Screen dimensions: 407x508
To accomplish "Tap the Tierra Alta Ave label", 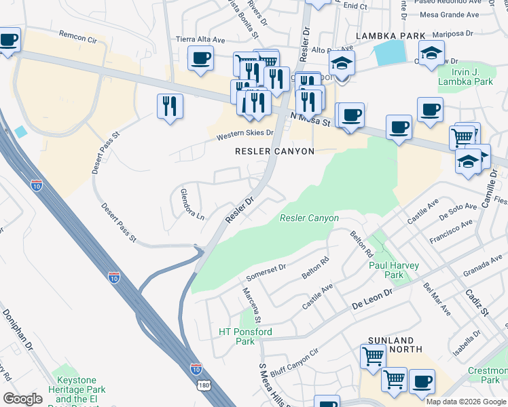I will click(200, 40).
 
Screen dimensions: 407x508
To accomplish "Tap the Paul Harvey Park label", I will click(394, 270).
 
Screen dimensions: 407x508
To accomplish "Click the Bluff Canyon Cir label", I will click(295, 363).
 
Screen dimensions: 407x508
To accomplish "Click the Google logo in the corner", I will click(22, 399).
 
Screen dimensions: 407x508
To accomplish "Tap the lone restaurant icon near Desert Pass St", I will click(169, 106).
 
